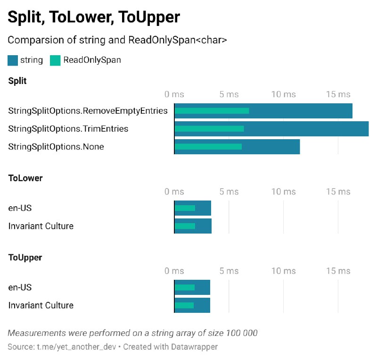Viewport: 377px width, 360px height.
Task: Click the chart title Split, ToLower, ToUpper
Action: pos(94,17)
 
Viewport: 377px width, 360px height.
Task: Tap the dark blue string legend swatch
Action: pos(13,60)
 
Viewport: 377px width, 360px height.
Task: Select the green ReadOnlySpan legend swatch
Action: pos(55,60)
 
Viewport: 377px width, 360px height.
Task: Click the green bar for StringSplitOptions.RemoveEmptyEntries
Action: pos(212,111)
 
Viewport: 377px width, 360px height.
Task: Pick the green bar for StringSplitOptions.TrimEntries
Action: pos(209,129)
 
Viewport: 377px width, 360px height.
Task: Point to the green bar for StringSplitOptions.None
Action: pos(208,147)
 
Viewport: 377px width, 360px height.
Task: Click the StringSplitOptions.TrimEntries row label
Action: pos(68,129)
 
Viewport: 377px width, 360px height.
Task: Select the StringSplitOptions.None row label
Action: pos(56,147)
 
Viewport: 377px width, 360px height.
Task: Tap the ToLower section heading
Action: pos(25,178)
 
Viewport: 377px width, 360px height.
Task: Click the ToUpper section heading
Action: pos(25,258)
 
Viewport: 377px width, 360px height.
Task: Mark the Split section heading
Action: pos(17,81)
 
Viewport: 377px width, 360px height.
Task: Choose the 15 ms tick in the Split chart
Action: pos(338,94)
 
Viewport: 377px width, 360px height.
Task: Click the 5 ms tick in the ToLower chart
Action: pos(229,192)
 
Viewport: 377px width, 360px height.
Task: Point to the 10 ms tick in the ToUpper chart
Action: pos(284,271)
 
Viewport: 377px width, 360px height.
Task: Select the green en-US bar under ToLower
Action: pos(185,208)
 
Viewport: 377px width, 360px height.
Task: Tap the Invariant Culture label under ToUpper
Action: pos(41,305)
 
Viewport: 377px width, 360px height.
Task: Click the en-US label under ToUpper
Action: pos(20,287)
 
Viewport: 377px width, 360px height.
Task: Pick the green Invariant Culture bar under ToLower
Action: pos(185,226)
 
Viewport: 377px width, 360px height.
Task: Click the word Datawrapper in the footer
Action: pos(194,347)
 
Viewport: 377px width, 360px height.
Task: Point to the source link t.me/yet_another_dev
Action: pos(76,347)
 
